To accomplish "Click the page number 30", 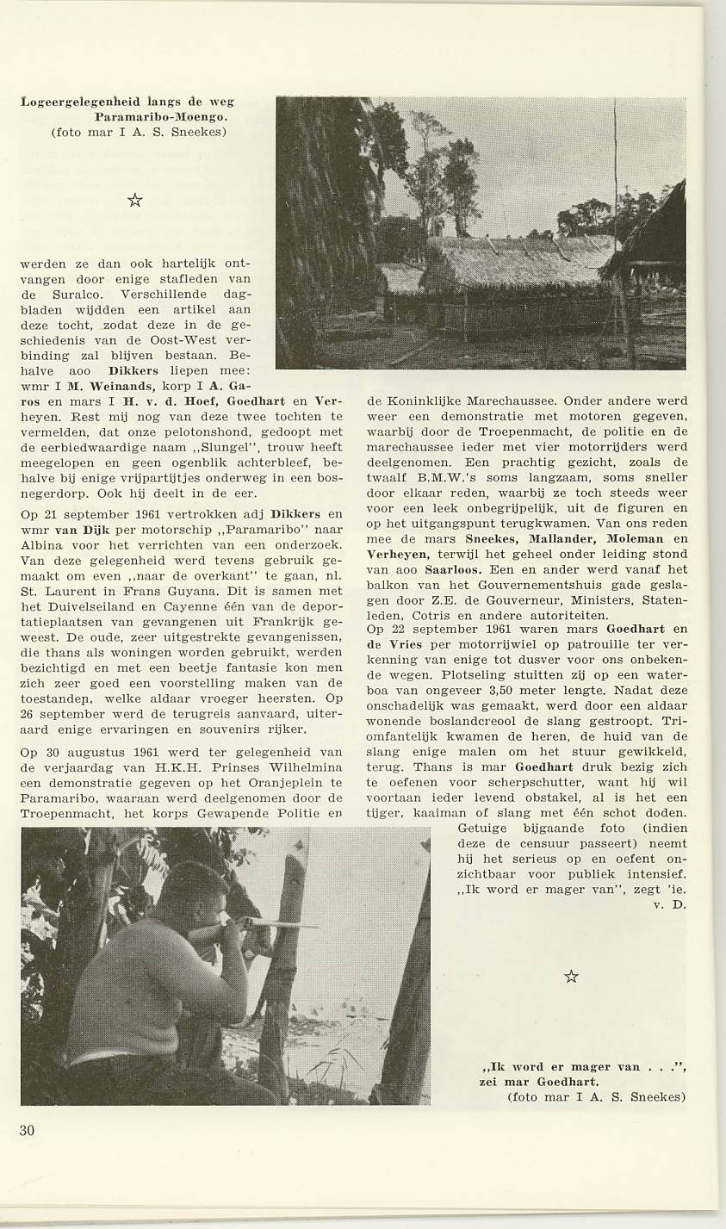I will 28,1130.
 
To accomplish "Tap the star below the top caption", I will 134,201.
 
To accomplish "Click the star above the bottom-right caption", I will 570,976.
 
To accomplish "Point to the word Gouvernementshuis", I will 491,585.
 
